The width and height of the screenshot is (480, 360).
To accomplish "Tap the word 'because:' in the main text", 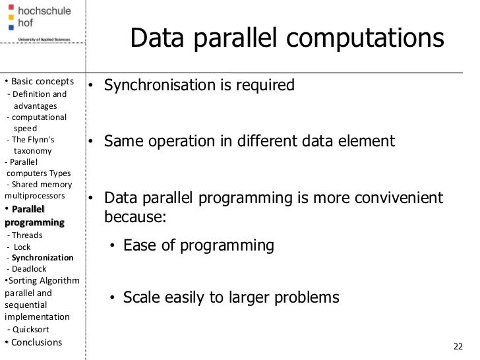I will pyautogui.click(x=135, y=217).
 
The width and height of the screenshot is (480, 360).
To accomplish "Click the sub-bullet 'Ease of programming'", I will pyautogui.click(x=198, y=246).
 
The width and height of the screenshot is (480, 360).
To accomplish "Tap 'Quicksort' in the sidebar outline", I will pyautogui.click(x=30, y=329).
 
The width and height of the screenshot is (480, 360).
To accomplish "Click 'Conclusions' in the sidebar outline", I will pyautogui.click(x=36, y=342).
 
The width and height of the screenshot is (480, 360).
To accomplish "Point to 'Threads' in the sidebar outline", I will pyautogui.click(x=27, y=235).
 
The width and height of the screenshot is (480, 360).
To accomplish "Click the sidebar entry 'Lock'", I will pyautogui.click(x=22, y=247).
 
